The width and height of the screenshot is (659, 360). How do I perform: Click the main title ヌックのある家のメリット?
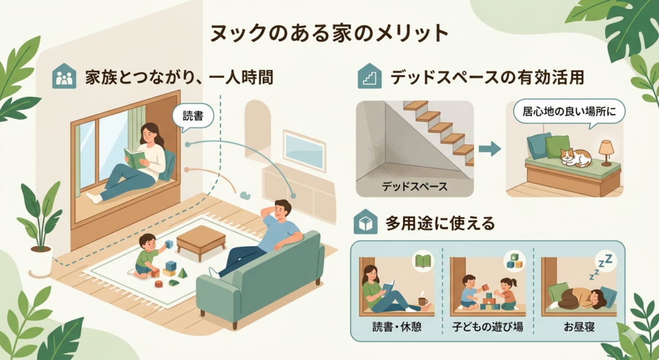pos(329,33)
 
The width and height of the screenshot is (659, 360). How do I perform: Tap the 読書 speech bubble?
pos(193,116)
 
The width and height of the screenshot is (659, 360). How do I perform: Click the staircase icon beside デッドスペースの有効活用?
pos(369,76)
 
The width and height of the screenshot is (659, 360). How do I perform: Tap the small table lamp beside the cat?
pos(606,152)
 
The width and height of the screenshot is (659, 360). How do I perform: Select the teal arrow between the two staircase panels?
pos(490,149)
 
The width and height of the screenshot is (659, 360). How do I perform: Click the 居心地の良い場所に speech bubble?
pos(570,113)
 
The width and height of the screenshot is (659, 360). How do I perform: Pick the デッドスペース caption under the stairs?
pos(414,186)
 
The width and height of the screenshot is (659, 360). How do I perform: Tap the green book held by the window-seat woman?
pos(135,158)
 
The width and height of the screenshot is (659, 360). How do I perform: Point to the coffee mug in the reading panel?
pos(422,301)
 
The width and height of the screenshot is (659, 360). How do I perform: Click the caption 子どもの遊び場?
pos(488,327)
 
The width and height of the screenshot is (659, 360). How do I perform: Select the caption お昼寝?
pos(579,327)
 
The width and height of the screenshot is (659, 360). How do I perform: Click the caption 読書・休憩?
pos(396,327)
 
